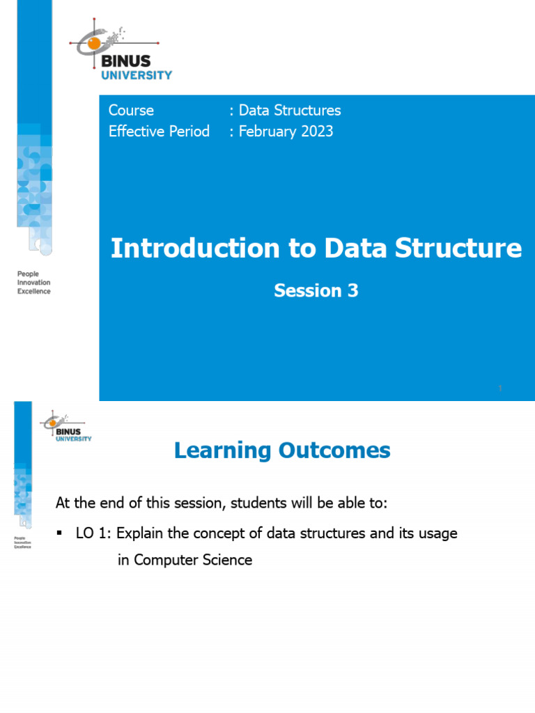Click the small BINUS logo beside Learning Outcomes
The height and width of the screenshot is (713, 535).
[x=67, y=425]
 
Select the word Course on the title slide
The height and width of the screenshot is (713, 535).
[x=131, y=110]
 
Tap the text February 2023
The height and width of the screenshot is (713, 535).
[x=286, y=131]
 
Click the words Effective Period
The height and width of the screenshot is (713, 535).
[x=159, y=131]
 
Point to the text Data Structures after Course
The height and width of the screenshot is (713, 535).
[x=290, y=110]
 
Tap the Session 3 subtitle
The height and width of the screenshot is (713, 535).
[x=316, y=290]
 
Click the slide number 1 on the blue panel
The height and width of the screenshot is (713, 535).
[x=500, y=388]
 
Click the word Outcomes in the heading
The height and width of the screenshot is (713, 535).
[x=334, y=450]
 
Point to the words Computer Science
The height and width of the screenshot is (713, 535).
[x=193, y=559]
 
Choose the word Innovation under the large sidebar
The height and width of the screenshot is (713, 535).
[x=33, y=283]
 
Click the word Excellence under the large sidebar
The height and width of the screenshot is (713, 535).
[x=33, y=291]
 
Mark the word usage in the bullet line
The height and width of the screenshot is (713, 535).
[x=438, y=534]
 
